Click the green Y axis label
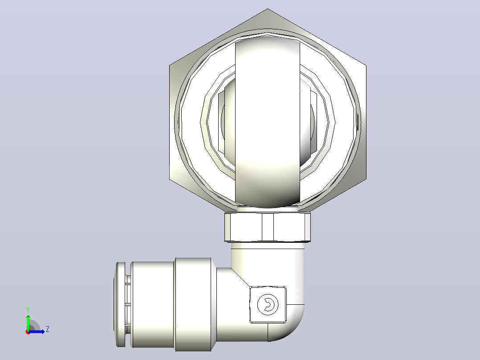pyautogui.click(x=28, y=310)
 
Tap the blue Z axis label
pyautogui.click(x=48, y=329)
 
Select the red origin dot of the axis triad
pyautogui.click(x=28, y=332)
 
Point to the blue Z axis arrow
pyautogui.click(x=37, y=331)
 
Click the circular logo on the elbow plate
pyautogui.click(x=268, y=305)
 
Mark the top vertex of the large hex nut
pyautogui.click(x=268, y=8)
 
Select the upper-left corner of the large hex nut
pyautogui.click(x=170, y=65)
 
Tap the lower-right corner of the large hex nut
pyautogui.click(x=366, y=179)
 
